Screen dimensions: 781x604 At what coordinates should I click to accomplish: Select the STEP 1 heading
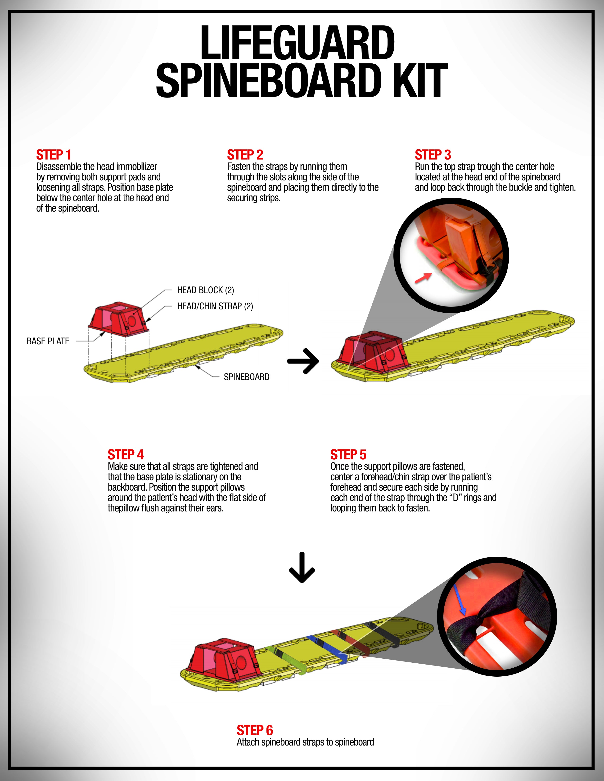pos(54,155)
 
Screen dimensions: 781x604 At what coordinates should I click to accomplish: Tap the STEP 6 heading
pos(255,730)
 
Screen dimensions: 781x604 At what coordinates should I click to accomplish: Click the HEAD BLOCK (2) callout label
pos(205,290)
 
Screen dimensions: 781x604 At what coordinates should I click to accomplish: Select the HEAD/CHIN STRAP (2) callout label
pos(215,306)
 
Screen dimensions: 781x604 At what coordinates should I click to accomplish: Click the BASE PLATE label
pos(48,341)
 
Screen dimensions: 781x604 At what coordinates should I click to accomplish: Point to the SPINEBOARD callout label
pos(247,377)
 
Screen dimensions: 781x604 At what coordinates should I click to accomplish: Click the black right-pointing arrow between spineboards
pos(303,361)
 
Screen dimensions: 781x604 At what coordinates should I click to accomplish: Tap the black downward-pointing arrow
pos(302,568)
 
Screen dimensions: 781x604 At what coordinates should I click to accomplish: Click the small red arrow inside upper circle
pos(423,278)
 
